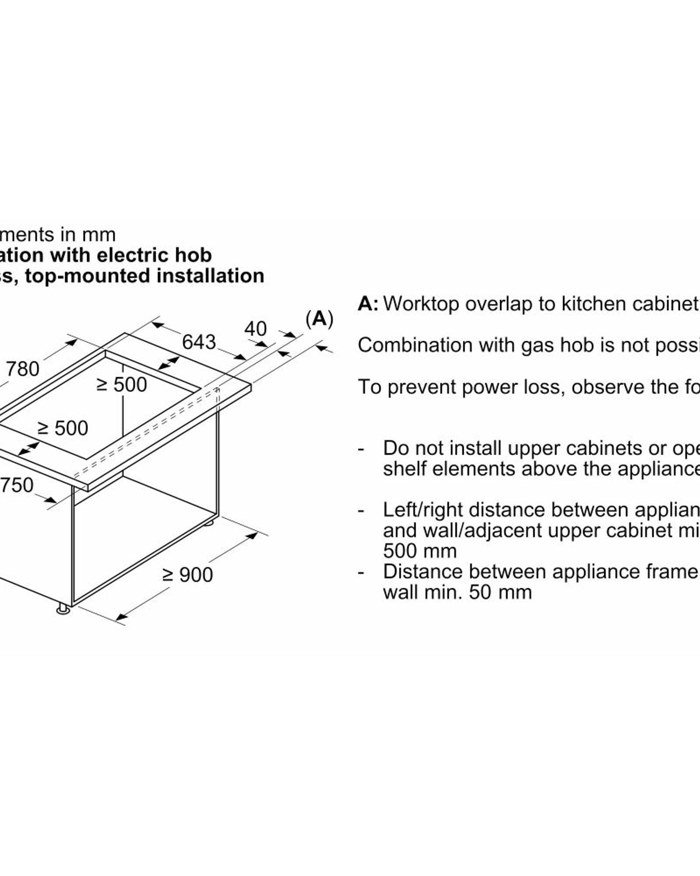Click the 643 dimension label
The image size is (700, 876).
pyautogui.click(x=199, y=342)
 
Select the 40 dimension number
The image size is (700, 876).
pyautogui.click(x=255, y=329)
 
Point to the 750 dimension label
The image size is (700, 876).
pyautogui.click(x=17, y=485)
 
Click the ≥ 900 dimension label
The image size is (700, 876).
pyautogui.click(x=188, y=575)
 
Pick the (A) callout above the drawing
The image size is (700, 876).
pyautogui.click(x=319, y=319)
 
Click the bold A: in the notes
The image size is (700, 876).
pyautogui.click(x=368, y=304)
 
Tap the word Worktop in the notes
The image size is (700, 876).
pyautogui.click(x=421, y=304)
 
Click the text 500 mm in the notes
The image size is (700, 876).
pyautogui.click(x=420, y=551)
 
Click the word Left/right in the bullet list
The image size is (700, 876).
pyautogui.click(x=423, y=510)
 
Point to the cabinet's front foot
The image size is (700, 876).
pyautogui.click(x=63, y=609)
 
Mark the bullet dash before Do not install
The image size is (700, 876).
pyautogui.click(x=361, y=449)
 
